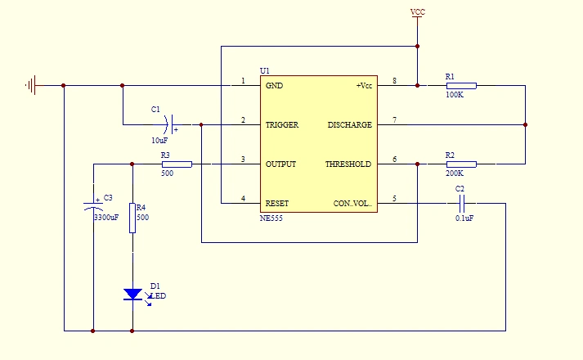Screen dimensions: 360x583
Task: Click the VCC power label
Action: (x=417, y=12)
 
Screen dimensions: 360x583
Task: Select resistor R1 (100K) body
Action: (x=460, y=85)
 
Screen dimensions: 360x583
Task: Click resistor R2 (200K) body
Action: (x=460, y=164)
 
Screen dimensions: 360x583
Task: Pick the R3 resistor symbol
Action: (x=177, y=164)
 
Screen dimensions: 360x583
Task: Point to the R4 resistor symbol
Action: (x=132, y=218)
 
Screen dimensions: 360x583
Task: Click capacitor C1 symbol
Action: (x=169, y=124)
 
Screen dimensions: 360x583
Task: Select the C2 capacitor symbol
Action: (x=460, y=204)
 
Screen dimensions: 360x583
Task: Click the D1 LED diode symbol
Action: (x=132, y=294)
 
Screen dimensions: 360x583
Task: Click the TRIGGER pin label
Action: (x=281, y=125)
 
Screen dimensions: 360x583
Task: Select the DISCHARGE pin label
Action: (x=349, y=125)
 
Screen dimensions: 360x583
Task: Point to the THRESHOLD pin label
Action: (x=348, y=164)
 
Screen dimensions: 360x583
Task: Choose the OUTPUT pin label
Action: (x=280, y=164)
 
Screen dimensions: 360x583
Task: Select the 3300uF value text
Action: (x=105, y=218)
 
